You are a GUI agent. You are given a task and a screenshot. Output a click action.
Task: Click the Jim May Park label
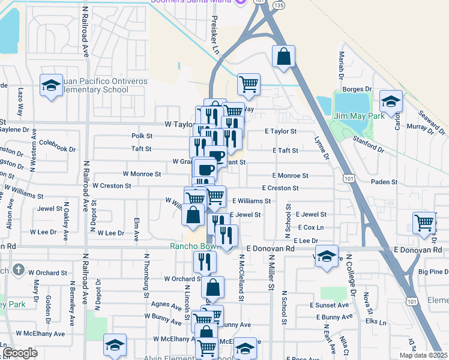click(x=359, y=116)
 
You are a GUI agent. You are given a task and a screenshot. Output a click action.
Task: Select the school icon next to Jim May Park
click(x=391, y=103)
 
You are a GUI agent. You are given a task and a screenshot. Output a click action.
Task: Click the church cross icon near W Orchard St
click(x=19, y=269)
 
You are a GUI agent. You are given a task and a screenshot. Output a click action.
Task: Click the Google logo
click(x=20, y=353)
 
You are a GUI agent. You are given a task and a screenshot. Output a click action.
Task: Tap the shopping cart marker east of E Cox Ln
click(x=424, y=223)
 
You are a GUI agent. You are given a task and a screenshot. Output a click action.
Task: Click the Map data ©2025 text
click(x=423, y=355)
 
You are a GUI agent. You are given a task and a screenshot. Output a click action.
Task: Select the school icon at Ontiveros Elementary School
click(x=52, y=85)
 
